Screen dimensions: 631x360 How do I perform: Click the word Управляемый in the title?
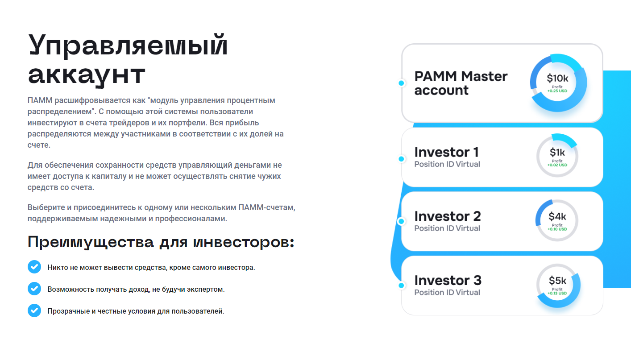[128, 45]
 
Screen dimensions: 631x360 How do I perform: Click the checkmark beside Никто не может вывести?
[34, 267]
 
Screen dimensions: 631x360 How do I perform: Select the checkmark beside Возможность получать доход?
[34, 289]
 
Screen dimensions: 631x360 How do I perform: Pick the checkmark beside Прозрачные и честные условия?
[34, 310]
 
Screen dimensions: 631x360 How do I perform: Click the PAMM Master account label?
[461, 83]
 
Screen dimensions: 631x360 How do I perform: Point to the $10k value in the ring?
[557, 78]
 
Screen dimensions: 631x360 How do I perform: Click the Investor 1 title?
[447, 152]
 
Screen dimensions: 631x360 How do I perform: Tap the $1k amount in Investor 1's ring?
[557, 153]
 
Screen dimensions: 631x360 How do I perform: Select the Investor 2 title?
[448, 216]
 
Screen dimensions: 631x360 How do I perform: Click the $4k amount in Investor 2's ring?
[557, 216]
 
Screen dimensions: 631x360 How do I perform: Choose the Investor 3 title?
[448, 280]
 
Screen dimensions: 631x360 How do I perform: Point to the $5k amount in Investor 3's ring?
[557, 281]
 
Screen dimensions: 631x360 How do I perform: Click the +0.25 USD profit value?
[557, 91]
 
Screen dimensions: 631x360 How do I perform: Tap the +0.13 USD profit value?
[557, 293]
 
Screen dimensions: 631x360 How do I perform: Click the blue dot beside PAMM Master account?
[402, 83]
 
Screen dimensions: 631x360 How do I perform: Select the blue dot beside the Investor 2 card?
[402, 221]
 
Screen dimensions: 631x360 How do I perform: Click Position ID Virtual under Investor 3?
[447, 292]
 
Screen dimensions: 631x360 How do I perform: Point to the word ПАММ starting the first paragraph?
[40, 100]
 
